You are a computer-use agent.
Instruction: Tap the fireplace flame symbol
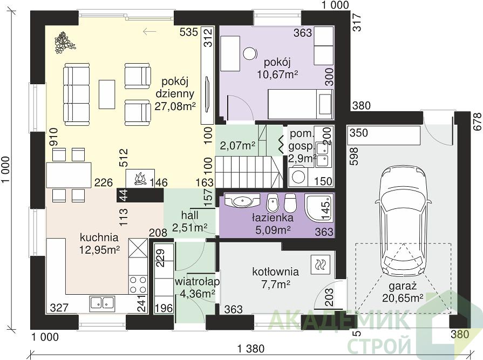tap(140, 179)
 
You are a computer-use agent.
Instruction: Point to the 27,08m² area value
tap(175, 106)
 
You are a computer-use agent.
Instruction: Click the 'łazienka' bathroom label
tap(273, 218)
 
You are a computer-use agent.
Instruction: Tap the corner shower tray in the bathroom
tap(319, 207)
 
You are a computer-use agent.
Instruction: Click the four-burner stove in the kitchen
tap(138, 284)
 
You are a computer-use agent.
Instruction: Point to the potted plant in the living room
tap(64, 42)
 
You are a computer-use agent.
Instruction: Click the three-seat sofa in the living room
tap(77, 94)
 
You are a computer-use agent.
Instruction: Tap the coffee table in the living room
tap(107, 94)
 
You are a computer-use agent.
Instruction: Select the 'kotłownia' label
tap(275, 271)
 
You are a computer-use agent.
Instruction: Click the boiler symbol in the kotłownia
tap(321, 264)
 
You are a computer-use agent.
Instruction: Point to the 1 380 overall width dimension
tap(251, 349)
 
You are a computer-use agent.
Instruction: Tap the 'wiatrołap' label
tap(197, 282)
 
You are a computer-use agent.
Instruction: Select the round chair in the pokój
tap(250, 54)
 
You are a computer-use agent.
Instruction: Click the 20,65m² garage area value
tap(402, 298)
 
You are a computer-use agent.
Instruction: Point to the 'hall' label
tap(190, 215)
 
